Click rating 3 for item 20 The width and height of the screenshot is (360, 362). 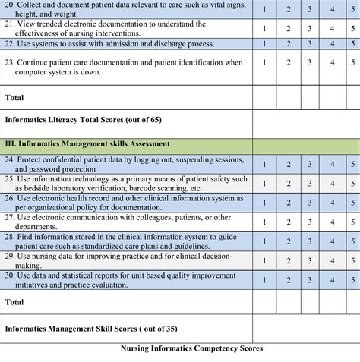click(310, 11)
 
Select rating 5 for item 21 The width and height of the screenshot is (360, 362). click(353, 29)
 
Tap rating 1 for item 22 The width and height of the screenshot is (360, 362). click(264, 44)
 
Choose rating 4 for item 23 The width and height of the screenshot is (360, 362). click(332, 61)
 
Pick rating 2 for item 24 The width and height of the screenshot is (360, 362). click(288, 164)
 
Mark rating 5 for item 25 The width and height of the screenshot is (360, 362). click(353, 183)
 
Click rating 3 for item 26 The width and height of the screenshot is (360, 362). click(310, 202)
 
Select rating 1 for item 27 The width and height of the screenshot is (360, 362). click(264, 221)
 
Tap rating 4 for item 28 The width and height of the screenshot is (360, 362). click(332, 241)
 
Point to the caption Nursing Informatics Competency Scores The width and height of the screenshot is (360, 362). click(191, 348)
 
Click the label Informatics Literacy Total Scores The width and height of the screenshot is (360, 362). click(83, 119)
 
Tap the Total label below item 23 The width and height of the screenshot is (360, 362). click(15, 97)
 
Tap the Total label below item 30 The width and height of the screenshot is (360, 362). click(15, 301)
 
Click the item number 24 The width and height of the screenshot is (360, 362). click(10, 159)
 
